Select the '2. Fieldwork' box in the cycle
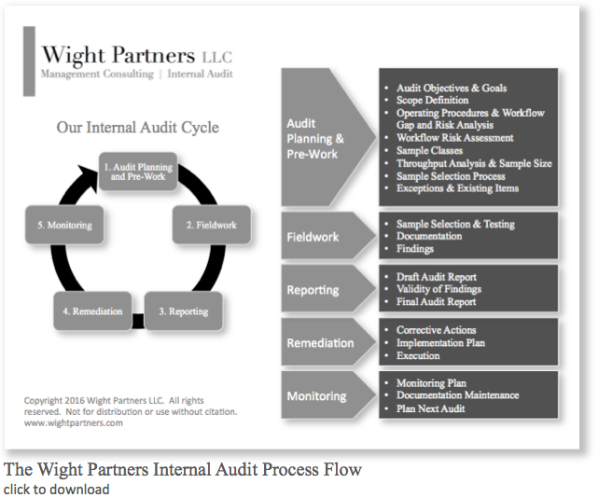coord(210,225)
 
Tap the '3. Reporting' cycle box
coord(183,311)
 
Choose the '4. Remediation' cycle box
coord(92,311)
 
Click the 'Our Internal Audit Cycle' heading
coord(137,128)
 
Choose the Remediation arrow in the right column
coord(320,343)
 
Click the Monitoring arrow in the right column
coord(317,396)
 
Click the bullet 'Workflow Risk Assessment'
coord(455,138)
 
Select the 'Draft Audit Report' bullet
coord(436,277)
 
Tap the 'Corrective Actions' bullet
coord(436,330)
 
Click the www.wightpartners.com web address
coord(74,422)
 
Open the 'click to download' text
coord(57,489)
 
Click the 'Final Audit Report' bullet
coord(436,301)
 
